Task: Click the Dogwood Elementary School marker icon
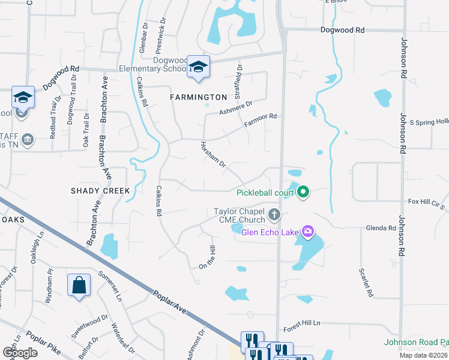197,67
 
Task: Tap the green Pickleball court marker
304,192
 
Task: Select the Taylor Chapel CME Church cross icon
274,214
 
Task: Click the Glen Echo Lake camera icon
308,231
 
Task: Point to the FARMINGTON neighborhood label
198,97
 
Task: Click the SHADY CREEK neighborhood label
100,191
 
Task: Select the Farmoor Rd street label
260,120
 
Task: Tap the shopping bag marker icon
79,285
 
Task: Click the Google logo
20,352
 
